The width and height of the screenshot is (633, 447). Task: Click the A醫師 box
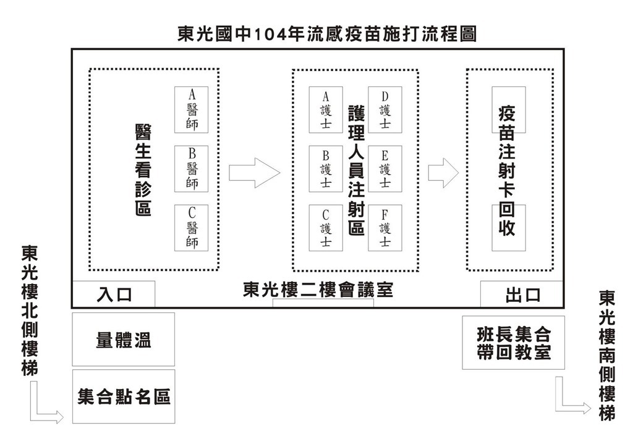point(192,110)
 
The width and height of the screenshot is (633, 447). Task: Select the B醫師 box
point(192,169)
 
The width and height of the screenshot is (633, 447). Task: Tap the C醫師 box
point(192,228)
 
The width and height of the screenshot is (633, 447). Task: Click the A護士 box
point(326,110)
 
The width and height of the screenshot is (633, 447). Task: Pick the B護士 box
point(326,169)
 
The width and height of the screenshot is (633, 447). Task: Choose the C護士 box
point(326,228)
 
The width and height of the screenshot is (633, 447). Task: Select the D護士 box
point(385,110)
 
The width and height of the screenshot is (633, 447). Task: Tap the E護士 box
point(385,169)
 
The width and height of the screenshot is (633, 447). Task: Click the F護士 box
point(385,228)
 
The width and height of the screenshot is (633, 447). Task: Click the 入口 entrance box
point(114,295)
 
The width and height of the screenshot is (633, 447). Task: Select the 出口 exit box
point(522,295)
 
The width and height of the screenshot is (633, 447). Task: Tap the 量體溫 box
point(124,340)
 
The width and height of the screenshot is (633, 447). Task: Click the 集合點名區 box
point(124,396)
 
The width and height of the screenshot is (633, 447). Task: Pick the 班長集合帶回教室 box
point(514,343)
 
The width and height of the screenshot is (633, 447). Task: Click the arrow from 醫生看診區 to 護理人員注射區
point(254,173)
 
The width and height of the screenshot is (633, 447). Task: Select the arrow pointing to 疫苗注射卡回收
point(443,173)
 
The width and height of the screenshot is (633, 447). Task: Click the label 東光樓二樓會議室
point(318,290)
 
